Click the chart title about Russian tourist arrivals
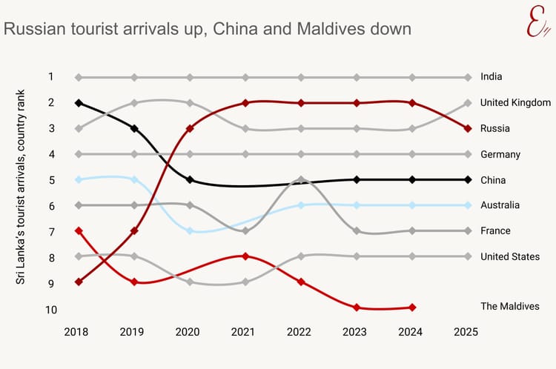pos(208,29)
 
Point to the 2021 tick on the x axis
pos(245,333)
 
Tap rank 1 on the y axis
pos(51,76)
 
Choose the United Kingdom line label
pos(515,102)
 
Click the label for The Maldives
pos(509,306)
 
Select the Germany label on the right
pos(500,154)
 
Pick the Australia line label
pos(500,205)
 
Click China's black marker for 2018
pos(79,103)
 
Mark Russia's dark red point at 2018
pos(79,282)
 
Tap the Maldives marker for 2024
pos(412,307)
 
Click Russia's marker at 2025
pos(468,128)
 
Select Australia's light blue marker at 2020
pos(190,230)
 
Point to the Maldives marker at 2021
pos(245,256)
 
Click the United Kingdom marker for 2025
pos(468,103)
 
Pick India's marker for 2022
pos(301,77)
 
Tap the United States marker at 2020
pos(190,282)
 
